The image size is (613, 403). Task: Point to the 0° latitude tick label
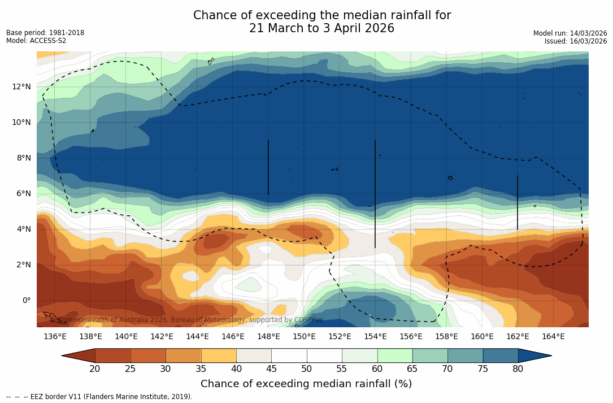[26, 300]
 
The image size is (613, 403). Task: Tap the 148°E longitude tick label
[268, 337]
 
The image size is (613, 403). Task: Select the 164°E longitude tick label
[553, 337]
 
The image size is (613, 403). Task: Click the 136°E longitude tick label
[55, 337]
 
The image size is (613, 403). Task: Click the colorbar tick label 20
[95, 369]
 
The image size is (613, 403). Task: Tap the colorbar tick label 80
[518, 369]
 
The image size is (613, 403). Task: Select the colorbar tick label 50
[306, 369]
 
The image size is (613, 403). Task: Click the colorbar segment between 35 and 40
[219, 356]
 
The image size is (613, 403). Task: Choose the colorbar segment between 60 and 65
[395, 356]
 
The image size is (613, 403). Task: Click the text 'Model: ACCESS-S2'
[36, 41]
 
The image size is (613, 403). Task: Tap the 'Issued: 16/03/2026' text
[575, 41]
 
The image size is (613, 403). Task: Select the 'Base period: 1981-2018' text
[45, 33]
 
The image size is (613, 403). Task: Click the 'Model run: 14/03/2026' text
[569, 33]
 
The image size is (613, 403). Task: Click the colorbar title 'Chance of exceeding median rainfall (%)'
[306, 384]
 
